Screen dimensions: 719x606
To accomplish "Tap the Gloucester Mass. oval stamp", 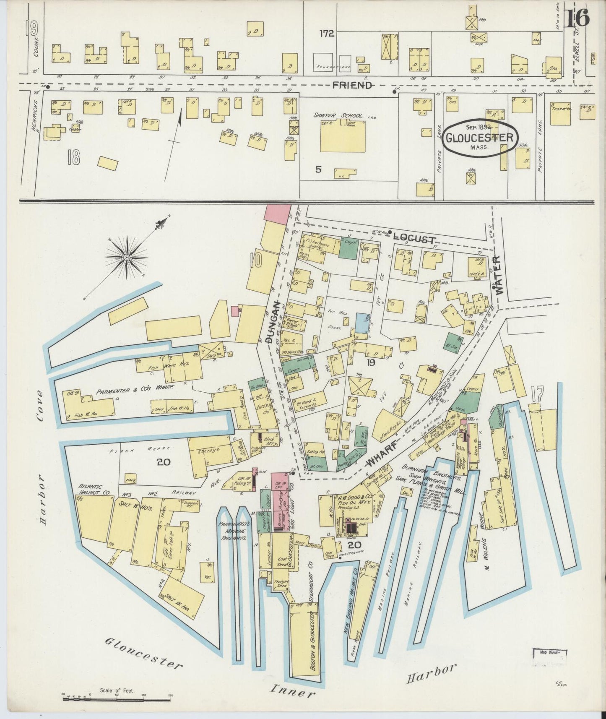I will (x=480, y=138).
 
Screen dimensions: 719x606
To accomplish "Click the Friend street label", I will (x=352, y=86).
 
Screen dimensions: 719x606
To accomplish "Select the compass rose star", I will (x=126, y=256).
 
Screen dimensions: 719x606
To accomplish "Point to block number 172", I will (x=326, y=34).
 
